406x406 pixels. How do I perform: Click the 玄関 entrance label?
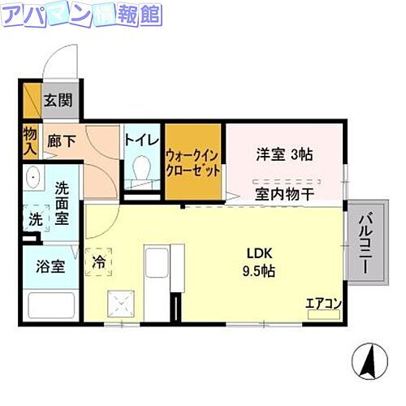pos(58,101)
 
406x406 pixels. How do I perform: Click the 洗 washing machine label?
pos(35,219)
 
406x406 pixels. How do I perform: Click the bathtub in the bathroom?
pos(52,306)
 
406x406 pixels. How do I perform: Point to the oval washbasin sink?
pos(35,178)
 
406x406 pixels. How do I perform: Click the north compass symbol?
pos(369,359)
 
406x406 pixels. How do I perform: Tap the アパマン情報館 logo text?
pos(81,15)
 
